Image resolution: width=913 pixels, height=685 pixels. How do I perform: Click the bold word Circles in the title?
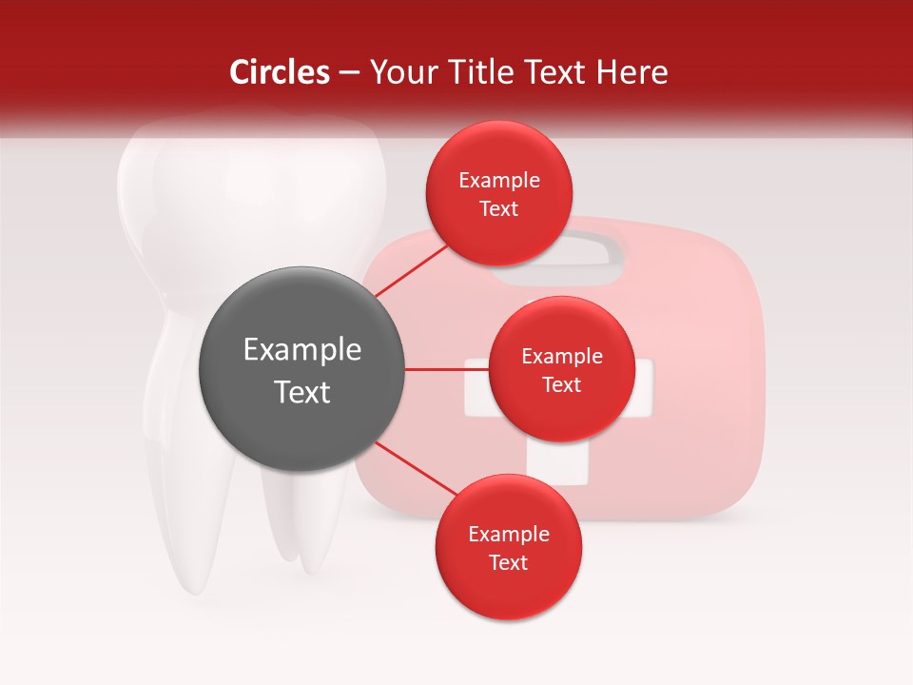pyautogui.click(x=279, y=72)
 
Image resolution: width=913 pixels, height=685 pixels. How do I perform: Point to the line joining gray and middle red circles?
pyautogui.click(x=446, y=369)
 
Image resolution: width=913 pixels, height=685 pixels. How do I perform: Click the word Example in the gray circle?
pyautogui.click(x=302, y=350)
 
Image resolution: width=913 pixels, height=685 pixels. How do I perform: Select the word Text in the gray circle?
pyautogui.click(x=302, y=392)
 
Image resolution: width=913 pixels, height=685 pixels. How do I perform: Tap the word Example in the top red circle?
pyautogui.click(x=499, y=181)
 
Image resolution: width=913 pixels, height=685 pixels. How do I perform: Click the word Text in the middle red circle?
pyautogui.click(x=561, y=385)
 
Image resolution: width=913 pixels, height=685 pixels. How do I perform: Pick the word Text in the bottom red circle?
pyautogui.click(x=508, y=563)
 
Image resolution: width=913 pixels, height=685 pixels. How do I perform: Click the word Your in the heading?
pyautogui.click(x=401, y=72)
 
